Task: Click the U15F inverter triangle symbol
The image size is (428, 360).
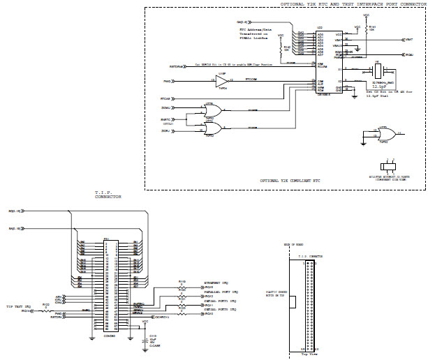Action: (x=222, y=80)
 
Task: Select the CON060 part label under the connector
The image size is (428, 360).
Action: (x=110, y=337)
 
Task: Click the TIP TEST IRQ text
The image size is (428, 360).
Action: (x=19, y=306)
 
